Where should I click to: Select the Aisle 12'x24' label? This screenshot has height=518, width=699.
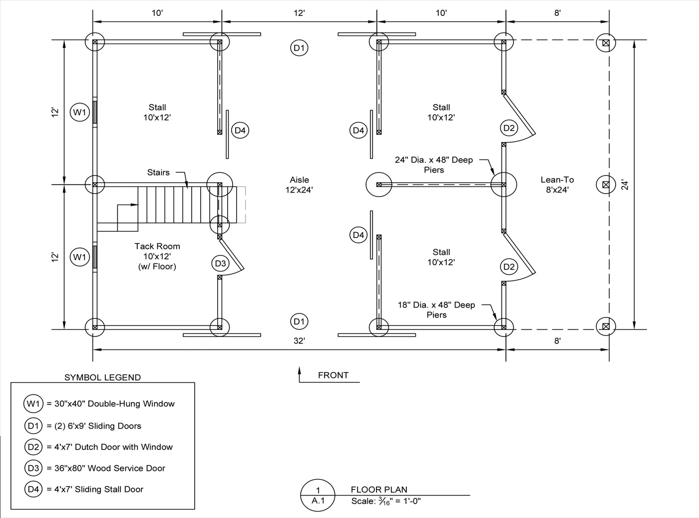click(299, 184)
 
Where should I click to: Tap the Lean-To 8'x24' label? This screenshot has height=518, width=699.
click(557, 184)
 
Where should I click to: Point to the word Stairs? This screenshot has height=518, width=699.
click(158, 172)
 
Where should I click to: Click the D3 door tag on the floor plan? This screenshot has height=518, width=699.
click(220, 263)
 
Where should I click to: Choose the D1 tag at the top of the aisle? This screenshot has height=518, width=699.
click(299, 48)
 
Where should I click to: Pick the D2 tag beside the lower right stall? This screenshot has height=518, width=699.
click(509, 266)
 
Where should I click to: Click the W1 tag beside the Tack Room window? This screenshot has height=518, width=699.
click(79, 257)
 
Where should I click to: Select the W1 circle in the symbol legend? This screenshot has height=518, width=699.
click(33, 404)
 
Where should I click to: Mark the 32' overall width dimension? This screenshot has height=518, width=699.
click(299, 341)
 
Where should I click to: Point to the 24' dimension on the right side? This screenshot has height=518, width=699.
click(625, 184)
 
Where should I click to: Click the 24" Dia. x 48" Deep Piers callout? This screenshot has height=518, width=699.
click(433, 165)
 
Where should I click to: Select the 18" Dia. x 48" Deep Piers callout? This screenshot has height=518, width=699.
click(436, 310)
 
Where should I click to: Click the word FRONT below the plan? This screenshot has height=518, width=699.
click(333, 375)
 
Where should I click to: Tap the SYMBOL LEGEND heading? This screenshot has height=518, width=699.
click(102, 377)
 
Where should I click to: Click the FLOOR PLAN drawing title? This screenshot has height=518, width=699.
click(379, 489)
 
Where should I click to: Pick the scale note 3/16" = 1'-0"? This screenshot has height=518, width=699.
click(386, 501)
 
